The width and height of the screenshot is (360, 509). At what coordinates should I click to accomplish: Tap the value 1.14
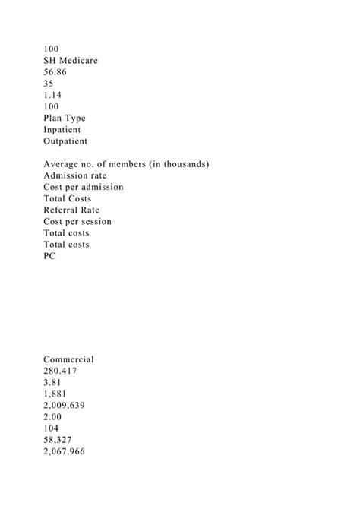click(x=53, y=94)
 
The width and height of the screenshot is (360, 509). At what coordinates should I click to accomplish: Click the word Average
click(x=64, y=164)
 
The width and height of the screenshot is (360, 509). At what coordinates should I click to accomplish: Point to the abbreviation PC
click(x=50, y=256)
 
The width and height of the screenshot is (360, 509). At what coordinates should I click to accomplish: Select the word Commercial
click(x=68, y=359)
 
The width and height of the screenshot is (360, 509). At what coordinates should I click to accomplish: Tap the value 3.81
click(x=53, y=383)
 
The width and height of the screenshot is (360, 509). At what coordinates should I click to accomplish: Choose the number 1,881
click(x=56, y=394)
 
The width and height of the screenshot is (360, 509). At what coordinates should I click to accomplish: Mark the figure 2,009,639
click(x=65, y=406)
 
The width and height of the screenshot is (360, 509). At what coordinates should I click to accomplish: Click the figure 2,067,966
click(x=65, y=452)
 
